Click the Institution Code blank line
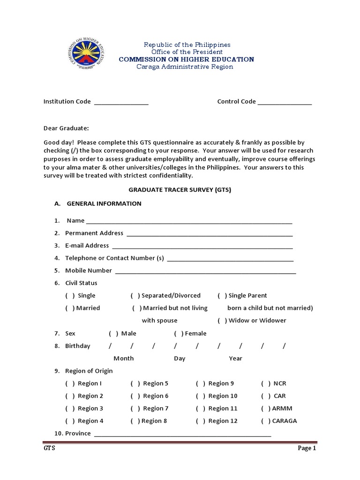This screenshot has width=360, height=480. tap(121, 103)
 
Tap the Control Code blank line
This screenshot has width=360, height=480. tap(285, 103)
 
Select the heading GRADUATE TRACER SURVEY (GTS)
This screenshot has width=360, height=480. tap(180, 190)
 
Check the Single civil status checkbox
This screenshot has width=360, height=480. tap(70, 296)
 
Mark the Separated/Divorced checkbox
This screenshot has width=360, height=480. tap(135, 296)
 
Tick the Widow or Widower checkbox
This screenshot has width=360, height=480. tap(222, 321)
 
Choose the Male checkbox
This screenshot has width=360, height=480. tap(113, 334)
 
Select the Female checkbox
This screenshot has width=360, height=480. tap(179, 334)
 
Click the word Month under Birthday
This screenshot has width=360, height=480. tap(123, 359)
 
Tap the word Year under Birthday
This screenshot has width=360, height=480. tap(235, 359)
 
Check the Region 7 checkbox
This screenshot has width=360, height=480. tap(135, 409)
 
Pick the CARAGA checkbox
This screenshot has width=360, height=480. tap(266, 421)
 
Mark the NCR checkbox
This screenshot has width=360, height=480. tap(266, 383)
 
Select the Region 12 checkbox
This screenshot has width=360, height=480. tap(201, 421)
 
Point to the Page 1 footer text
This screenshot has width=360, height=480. tap(307, 449)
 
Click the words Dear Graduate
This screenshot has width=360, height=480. tap(66, 128)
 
